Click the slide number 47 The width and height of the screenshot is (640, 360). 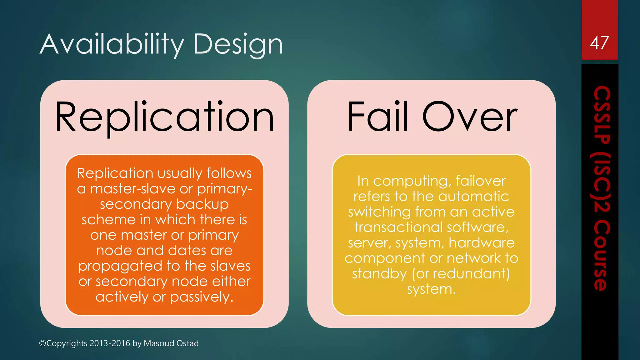tap(599, 43)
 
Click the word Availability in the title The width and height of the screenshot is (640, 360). tap(112, 45)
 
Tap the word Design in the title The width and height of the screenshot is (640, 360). tap(238, 45)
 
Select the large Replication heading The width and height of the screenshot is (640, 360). tap(164, 118)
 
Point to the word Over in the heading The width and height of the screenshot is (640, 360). tap(470, 117)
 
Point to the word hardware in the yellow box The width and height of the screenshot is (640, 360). tap(482, 243)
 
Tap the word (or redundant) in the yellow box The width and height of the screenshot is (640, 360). tap(461, 274)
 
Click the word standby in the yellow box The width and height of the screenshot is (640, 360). tap(379, 274)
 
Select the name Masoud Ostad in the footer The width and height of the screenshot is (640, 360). tap(171, 343)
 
